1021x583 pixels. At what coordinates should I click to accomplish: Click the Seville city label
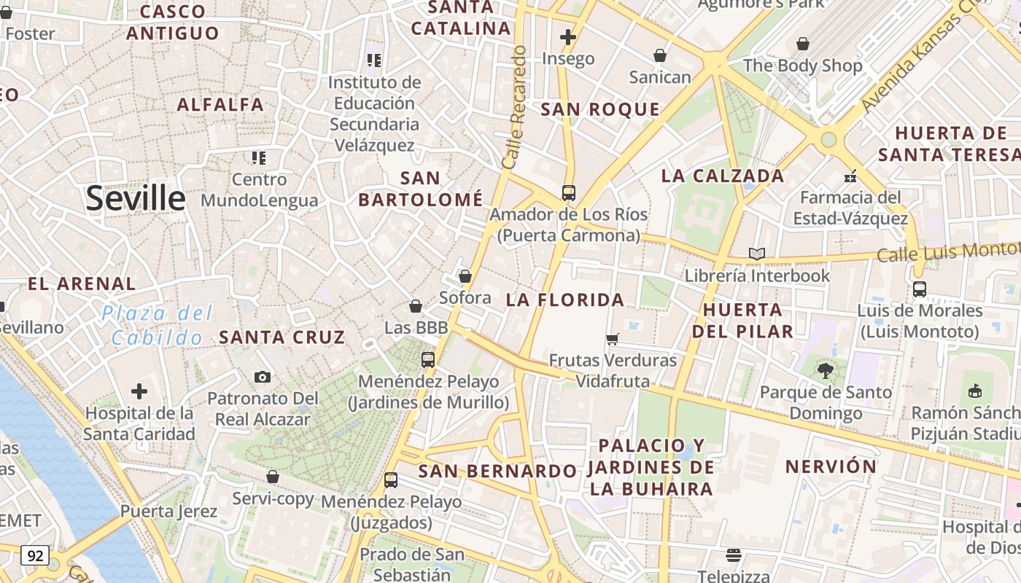point(136,198)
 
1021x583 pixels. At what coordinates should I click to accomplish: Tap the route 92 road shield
point(34,556)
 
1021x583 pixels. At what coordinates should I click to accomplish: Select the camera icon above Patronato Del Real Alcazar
point(263,377)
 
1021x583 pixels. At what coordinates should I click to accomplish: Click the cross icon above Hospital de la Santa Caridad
point(139,391)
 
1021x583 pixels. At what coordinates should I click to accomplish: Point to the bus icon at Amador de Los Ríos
point(569,193)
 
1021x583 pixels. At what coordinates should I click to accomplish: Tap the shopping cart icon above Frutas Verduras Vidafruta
point(613,339)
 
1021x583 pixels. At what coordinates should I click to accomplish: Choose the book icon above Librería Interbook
point(757,254)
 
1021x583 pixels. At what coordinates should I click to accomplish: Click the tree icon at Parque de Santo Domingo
point(826,371)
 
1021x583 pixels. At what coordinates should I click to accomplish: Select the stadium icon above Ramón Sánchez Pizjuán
point(975,391)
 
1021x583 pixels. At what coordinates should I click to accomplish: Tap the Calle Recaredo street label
point(515,108)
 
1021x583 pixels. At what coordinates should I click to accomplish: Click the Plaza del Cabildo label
point(157,326)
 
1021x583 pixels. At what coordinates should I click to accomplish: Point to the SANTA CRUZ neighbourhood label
point(282,337)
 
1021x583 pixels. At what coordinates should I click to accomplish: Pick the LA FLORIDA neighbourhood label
point(565,300)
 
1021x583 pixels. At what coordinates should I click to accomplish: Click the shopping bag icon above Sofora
point(465,277)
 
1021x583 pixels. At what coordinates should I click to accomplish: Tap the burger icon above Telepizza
point(734,556)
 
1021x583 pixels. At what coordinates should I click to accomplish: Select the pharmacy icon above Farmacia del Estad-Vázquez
point(850,176)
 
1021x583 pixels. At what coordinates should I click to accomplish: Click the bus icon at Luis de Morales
point(920,289)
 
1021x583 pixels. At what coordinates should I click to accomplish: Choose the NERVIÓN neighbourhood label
point(831,466)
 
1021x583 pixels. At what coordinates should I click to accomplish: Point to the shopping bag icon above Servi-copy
point(273,477)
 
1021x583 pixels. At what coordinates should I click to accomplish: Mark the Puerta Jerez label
point(169,511)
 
